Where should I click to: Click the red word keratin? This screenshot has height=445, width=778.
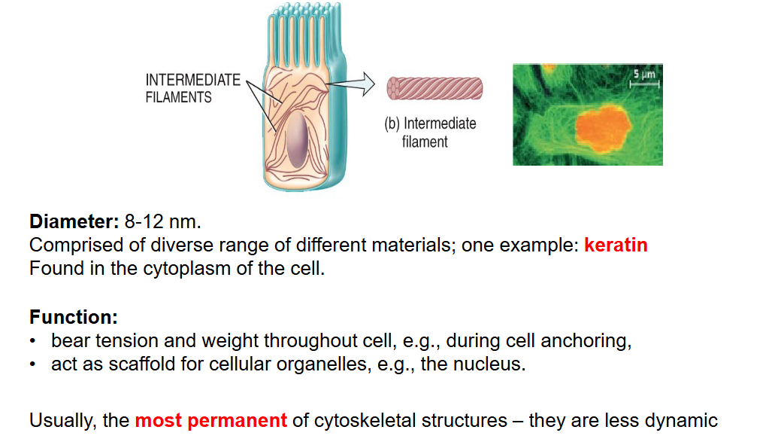pos(616,245)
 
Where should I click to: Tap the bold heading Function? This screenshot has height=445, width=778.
pos(74,317)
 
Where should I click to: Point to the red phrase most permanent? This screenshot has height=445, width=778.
pos(211,421)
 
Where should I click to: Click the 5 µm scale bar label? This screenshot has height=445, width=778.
pos(644,75)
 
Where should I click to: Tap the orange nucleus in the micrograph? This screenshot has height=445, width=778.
pos(603,128)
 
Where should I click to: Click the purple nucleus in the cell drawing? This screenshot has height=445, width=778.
pos(297,139)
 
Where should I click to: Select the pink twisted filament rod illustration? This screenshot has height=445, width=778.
pos(434,89)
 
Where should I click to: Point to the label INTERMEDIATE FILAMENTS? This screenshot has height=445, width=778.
pos(193,89)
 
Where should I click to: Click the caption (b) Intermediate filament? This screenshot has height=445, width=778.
pos(430,133)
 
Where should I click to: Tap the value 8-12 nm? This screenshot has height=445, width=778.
pos(163,222)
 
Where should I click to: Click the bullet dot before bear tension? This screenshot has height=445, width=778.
pos(33,341)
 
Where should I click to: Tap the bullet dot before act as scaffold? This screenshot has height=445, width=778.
pos(33,364)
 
